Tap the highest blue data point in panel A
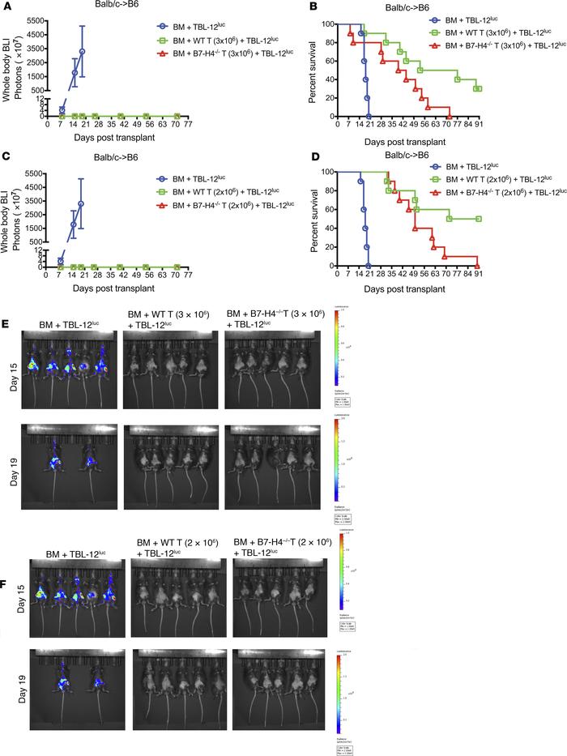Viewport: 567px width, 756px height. click(82, 51)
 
